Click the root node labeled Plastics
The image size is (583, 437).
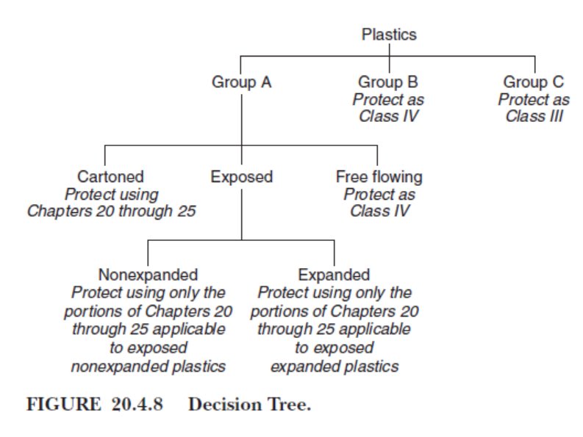389,35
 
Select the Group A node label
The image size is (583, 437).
242,82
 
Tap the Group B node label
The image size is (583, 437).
389,82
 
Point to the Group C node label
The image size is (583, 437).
534,82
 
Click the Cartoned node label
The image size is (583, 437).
110,177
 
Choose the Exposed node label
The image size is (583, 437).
242,177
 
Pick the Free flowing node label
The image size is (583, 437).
379,177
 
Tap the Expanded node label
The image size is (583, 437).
334,275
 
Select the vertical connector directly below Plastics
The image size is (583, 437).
389,49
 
